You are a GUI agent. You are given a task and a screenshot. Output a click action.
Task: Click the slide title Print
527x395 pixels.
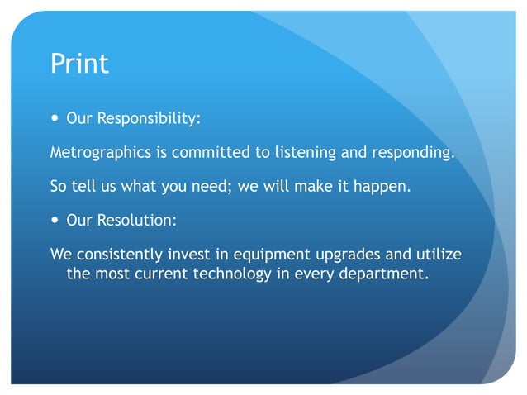pyautogui.click(x=79, y=64)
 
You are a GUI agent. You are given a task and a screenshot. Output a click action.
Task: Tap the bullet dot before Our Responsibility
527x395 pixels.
pyautogui.click(x=55, y=118)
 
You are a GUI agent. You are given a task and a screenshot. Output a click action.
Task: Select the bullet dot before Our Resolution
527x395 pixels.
pyautogui.click(x=55, y=221)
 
